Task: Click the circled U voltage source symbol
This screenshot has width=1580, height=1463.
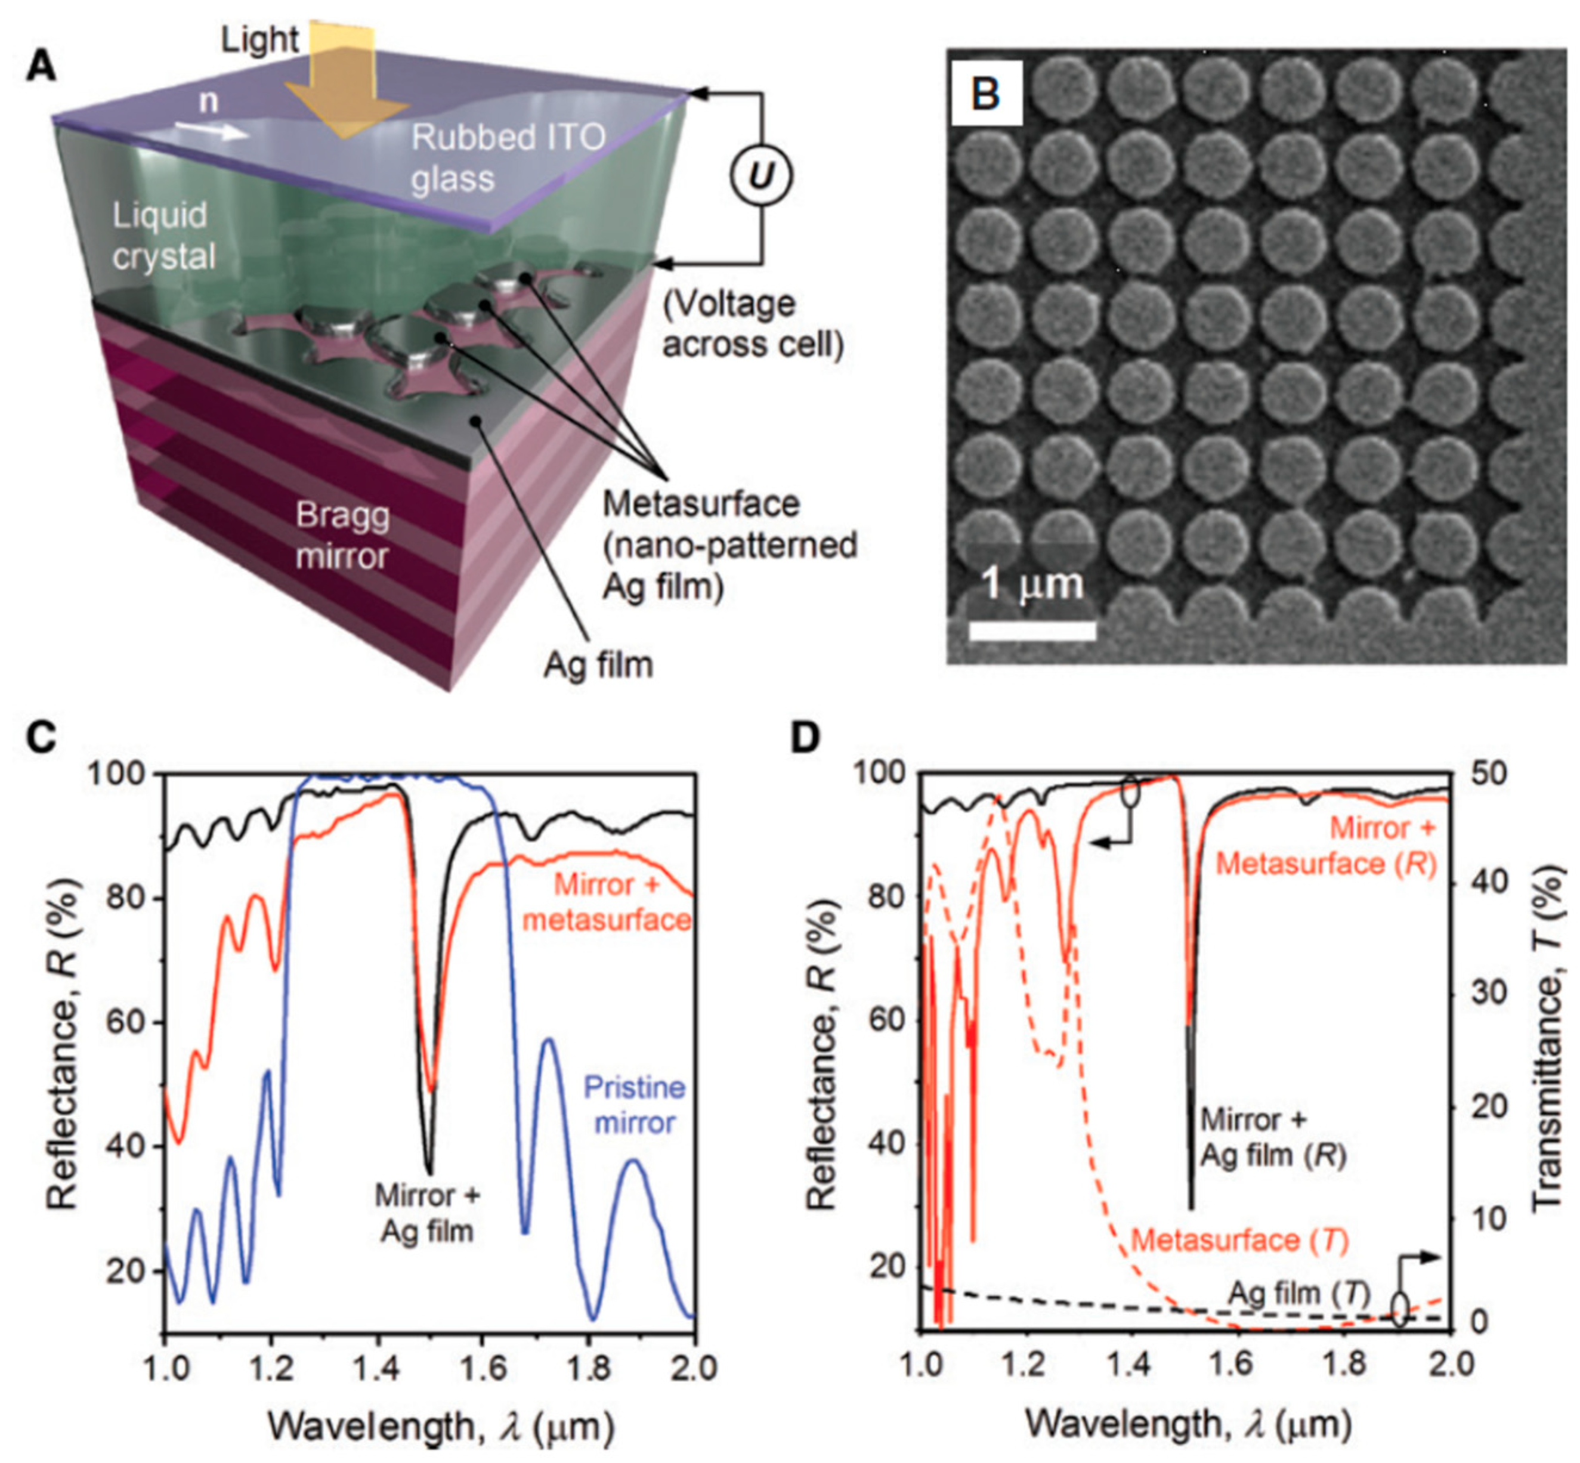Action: (760, 176)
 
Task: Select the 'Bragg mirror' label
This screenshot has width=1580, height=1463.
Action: (343, 536)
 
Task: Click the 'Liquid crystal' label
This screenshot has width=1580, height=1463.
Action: (164, 236)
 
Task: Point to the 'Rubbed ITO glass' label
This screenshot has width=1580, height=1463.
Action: (506, 158)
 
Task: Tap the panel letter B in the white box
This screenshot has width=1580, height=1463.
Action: (987, 94)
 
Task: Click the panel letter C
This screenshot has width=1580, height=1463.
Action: (41, 738)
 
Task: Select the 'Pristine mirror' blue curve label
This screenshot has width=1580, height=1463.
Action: (634, 1105)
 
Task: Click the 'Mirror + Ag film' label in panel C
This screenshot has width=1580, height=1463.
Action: (428, 1213)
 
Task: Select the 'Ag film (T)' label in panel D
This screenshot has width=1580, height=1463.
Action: (1299, 1294)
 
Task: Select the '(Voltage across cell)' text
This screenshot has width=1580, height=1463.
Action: (752, 324)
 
